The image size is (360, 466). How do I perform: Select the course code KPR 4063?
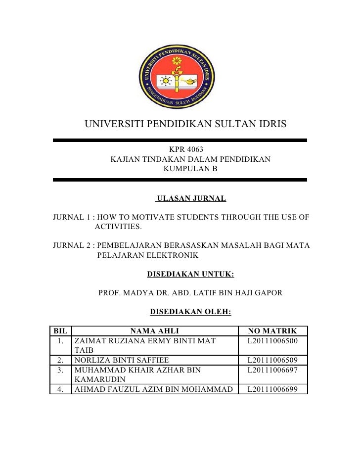pyautogui.click(x=186, y=149)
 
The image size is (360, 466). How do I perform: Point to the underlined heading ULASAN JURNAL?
pyautogui.click(x=191, y=199)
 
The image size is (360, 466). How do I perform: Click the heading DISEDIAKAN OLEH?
pyautogui.click(x=190, y=312)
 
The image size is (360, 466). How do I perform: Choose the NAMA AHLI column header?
pyautogui.click(x=154, y=331)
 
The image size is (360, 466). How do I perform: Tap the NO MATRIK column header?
pyautogui.click(x=272, y=331)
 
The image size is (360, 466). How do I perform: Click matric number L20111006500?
pyautogui.click(x=272, y=341)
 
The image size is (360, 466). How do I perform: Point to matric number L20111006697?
pyautogui.click(x=272, y=370)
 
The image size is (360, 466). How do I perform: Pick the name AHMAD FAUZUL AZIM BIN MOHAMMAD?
pyautogui.click(x=153, y=389)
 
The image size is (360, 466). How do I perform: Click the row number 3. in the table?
pyautogui.click(x=61, y=370)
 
